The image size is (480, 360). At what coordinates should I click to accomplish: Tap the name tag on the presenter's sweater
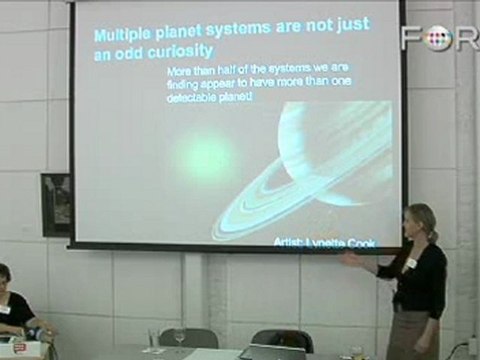pos(411,263)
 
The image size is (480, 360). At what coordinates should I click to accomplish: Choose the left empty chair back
pos(187,338)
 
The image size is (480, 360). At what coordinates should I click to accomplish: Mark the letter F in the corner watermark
pos(410,37)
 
